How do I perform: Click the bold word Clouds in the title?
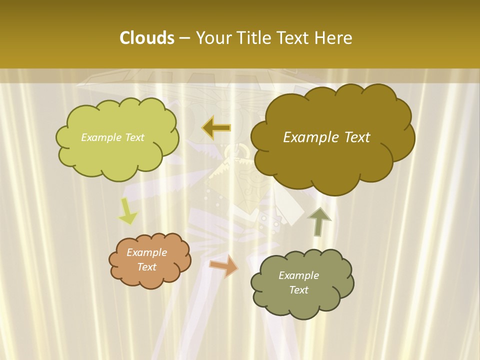[146, 38]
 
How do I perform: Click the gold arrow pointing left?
[216, 128]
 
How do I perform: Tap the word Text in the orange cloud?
[147, 267]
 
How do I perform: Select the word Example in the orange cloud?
[147, 252]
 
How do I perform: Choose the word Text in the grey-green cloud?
[299, 290]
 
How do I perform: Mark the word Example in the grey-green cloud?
[299, 275]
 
